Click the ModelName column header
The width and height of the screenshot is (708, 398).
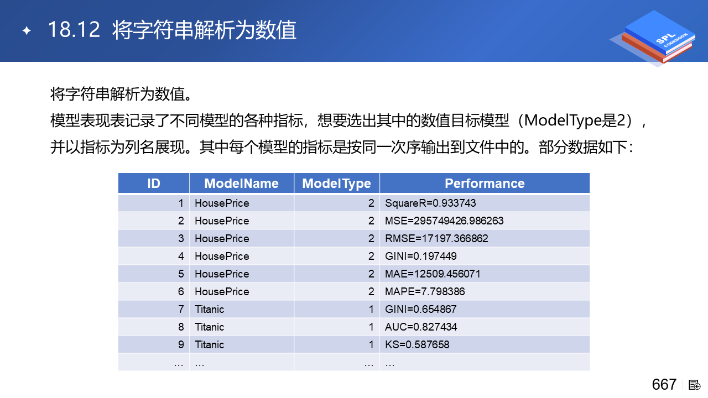[x=242, y=184]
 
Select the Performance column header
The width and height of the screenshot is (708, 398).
[x=485, y=184]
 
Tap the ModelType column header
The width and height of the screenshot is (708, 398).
[x=337, y=184]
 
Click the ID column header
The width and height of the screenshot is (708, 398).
[x=154, y=184]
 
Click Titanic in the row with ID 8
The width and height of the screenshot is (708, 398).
[x=209, y=327]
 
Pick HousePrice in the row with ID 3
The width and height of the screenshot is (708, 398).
[x=222, y=238]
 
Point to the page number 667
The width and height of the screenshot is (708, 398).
[x=664, y=385]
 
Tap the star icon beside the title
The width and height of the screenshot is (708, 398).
[x=27, y=30]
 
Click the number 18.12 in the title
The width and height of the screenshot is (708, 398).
[x=74, y=30]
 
